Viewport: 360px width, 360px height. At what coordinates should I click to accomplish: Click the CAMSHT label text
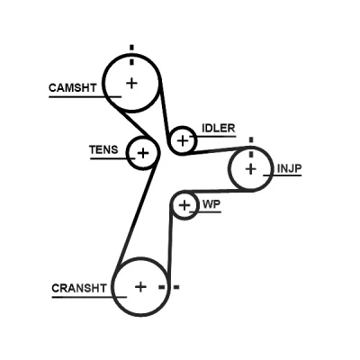pos(73,88)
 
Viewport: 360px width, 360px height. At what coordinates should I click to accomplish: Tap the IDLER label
pos(219,129)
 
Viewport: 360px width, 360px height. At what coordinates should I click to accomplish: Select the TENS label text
pos(103,149)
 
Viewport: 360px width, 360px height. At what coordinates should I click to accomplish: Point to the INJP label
pos(289,168)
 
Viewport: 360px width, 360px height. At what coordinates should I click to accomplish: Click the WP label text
pos(211,204)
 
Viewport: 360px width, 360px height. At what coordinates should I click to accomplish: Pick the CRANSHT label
pos(79,288)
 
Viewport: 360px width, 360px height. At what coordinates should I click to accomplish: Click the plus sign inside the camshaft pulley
pos(131,83)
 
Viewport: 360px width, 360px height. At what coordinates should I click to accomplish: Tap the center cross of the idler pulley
pos(183,140)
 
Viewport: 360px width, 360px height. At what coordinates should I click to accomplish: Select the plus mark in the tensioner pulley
pos(143,153)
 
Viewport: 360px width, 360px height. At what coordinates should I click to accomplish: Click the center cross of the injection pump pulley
pos(251,169)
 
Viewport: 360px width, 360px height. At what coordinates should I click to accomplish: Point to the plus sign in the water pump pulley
pos(184,205)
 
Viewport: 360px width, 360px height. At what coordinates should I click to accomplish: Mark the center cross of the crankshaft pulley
pos(140,287)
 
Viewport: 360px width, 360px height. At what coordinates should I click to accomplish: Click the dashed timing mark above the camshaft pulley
pos(131,55)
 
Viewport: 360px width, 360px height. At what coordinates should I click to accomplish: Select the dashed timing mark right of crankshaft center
pos(169,287)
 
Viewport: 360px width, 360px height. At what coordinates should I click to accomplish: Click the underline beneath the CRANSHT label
pos(89,297)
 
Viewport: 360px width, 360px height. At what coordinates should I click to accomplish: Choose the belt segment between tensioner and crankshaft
pos(137,213)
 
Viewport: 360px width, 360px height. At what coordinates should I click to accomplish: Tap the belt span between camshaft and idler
pos(164,111)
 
